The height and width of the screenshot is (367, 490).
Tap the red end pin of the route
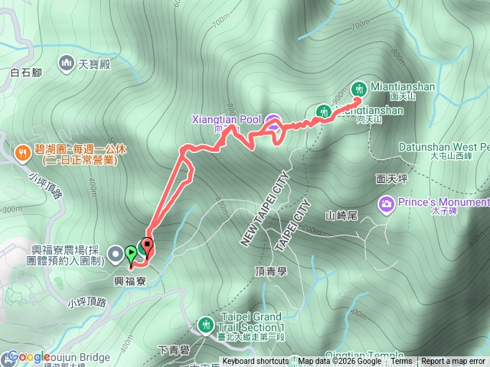click(x=147, y=246)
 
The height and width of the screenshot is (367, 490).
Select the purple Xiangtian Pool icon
click(x=273, y=120)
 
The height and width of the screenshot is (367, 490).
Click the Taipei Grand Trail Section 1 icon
click(x=205, y=324)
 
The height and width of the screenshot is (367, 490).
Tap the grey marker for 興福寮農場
click(x=115, y=252)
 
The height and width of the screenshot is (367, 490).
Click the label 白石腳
click(x=26, y=73)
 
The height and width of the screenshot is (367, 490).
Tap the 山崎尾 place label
click(x=341, y=215)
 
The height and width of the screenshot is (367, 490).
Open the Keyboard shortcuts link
click(x=256, y=362)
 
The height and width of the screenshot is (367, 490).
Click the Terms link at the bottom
click(x=401, y=362)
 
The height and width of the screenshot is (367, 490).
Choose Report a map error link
click(x=454, y=362)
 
